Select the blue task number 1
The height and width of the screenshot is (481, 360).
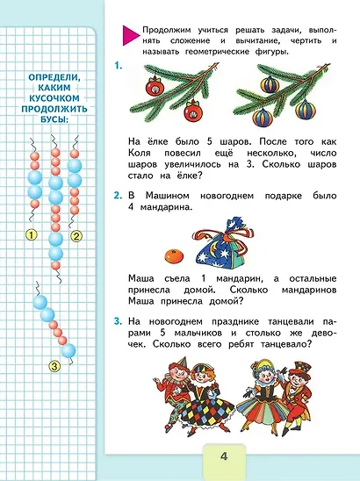pos(119,65)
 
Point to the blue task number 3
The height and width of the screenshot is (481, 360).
pos(119,324)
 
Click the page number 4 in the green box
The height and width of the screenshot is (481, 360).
pos(225,456)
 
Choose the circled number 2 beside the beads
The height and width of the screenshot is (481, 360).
pos(76,235)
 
